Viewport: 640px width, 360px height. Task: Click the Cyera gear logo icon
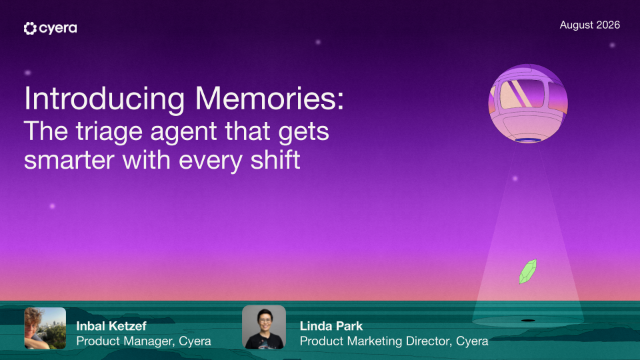tap(30, 28)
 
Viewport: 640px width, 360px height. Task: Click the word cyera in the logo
tap(58, 29)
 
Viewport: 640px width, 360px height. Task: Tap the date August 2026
tap(590, 25)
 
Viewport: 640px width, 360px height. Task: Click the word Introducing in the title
tap(104, 98)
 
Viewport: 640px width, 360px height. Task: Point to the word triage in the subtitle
tap(109, 131)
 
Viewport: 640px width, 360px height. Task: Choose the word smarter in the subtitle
tap(69, 160)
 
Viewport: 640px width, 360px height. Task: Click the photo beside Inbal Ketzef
tap(45, 328)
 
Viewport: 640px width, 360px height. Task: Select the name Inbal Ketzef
tap(111, 326)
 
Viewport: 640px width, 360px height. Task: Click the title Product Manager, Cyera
tap(144, 341)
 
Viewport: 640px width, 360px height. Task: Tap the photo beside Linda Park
tap(264, 327)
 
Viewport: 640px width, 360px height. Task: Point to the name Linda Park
tap(331, 326)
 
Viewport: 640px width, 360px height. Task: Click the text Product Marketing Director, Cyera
tap(394, 341)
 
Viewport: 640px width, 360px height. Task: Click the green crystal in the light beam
tap(527, 271)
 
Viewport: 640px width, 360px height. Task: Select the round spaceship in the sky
tap(528, 104)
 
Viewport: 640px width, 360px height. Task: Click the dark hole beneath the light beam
tap(528, 320)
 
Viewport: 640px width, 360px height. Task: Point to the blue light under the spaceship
tap(528, 141)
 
